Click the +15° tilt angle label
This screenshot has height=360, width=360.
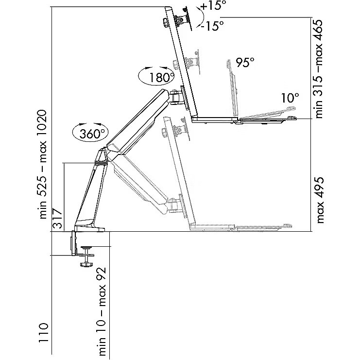coord(212,6)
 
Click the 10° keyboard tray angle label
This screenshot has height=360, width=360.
coord(291,98)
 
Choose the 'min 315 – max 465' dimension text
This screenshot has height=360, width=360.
coord(319,69)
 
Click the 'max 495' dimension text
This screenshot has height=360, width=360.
coord(320,200)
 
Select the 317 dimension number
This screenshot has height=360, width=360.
coord(57,218)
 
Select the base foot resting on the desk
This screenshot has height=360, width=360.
coord(89,227)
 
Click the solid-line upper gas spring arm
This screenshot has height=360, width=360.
coord(136,121)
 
